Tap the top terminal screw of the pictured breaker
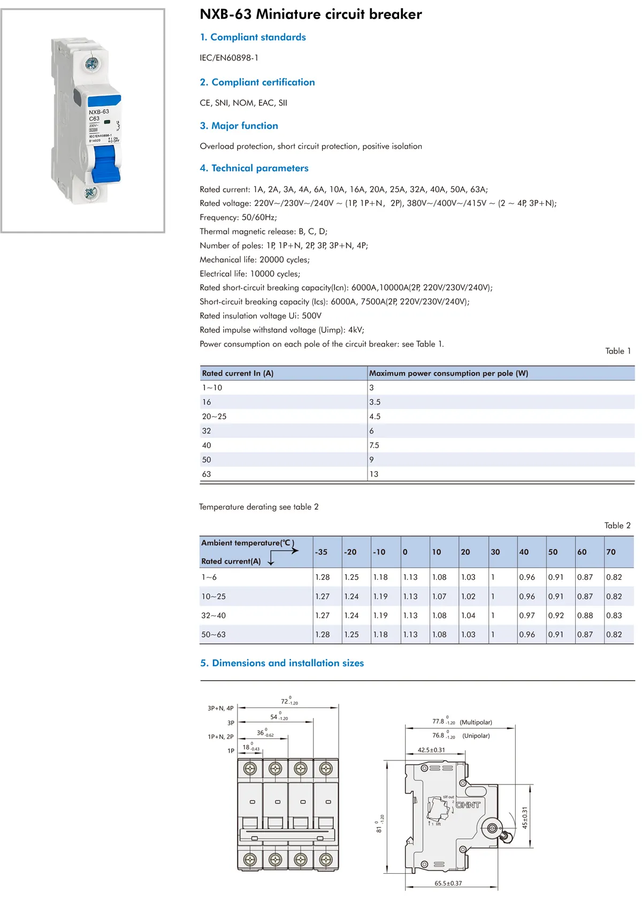tap(91, 65)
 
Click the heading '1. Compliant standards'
tap(253, 37)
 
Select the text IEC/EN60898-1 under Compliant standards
tap(229, 58)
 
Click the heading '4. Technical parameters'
tap(254, 168)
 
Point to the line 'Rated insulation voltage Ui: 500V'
tap(261, 315)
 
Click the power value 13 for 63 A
tap(373, 474)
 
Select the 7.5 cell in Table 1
tap(374, 445)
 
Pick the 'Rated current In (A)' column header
tap(238, 373)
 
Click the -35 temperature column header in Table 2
tap(321, 552)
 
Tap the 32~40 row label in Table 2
tap(213, 615)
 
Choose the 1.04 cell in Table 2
tap(468, 615)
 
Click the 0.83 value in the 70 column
tap(614, 615)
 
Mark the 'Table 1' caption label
tap(618, 351)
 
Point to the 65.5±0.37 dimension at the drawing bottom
tap(448, 883)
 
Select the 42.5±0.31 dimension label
tap(431, 750)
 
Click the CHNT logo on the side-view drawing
tap(468, 805)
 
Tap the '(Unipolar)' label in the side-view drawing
tap(476, 736)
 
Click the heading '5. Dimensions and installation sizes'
tap(282, 663)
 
